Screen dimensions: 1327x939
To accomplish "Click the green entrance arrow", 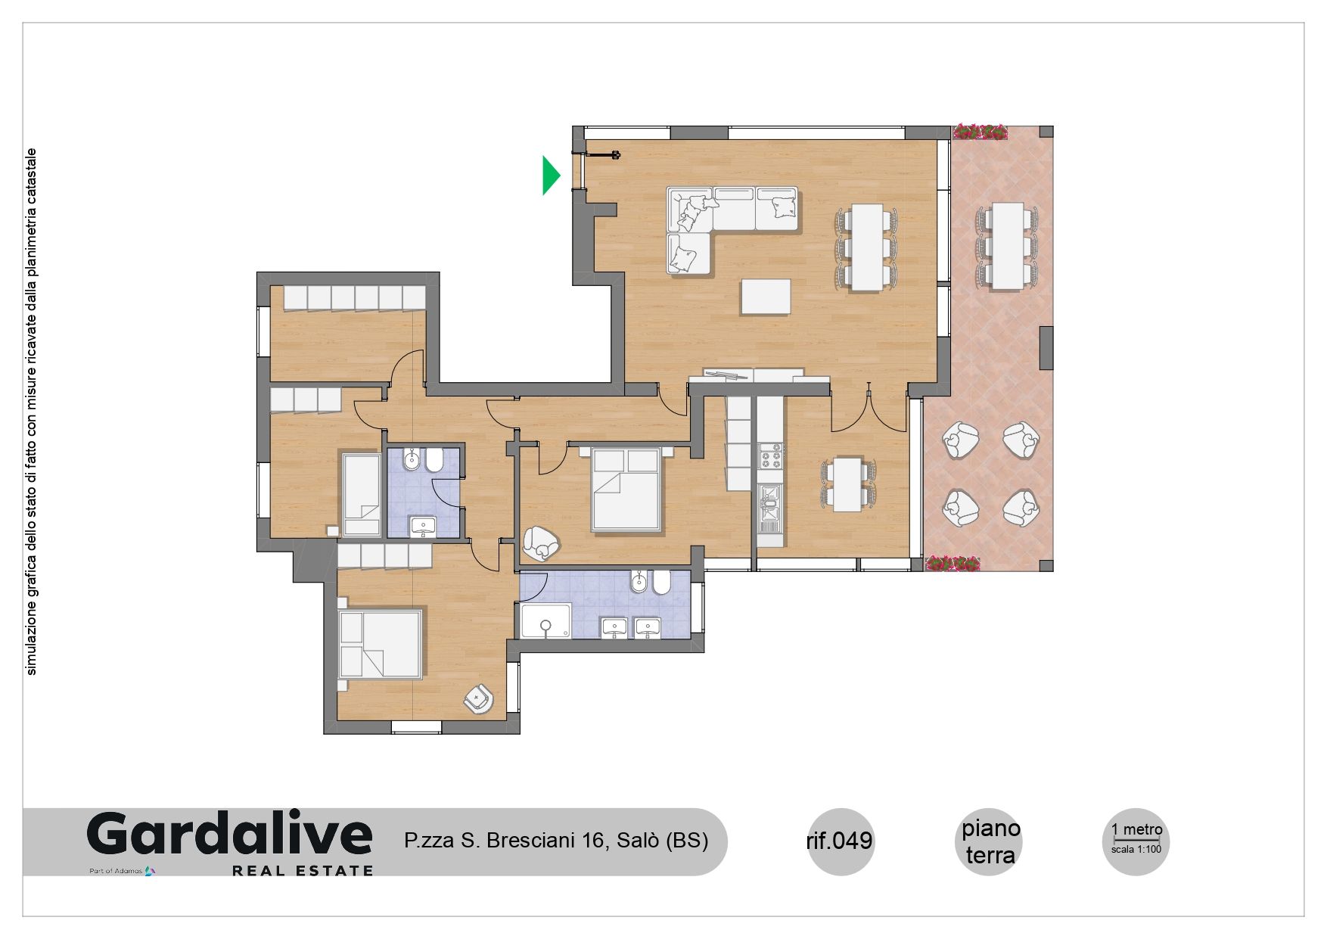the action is click(550, 175).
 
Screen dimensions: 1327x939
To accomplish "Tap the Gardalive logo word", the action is click(230, 835).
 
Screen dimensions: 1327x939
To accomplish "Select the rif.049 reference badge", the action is click(840, 841).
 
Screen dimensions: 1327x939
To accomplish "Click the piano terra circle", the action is click(990, 841).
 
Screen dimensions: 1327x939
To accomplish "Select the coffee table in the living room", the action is click(766, 297).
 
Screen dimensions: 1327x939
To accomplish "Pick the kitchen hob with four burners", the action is click(770, 457).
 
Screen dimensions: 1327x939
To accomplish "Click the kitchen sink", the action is click(770, 504).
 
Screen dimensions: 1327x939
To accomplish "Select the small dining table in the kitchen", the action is click(848, 484).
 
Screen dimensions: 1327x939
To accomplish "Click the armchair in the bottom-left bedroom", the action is click(479, 698).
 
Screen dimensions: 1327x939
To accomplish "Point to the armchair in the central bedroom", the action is click(541, 543).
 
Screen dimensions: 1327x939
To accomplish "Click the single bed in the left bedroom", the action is click(362, 495).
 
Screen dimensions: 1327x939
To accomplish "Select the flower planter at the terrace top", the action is click(980, 132).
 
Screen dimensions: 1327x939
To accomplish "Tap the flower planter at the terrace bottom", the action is click(953, 564).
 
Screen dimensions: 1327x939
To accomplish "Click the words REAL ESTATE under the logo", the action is click(303, 871).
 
